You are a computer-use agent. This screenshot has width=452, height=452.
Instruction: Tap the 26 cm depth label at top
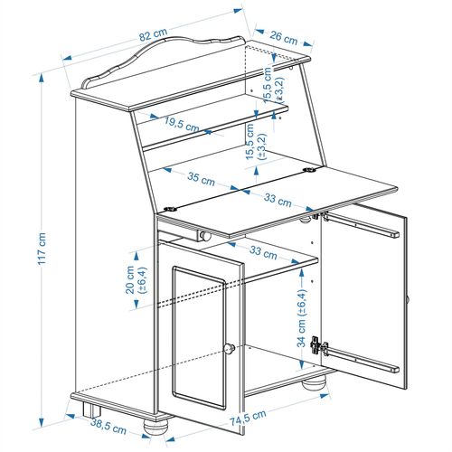coord(285,39)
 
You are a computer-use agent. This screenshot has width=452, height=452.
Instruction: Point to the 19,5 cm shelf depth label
coord(183,124)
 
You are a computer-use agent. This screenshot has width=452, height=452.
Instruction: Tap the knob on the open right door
coord(409,298)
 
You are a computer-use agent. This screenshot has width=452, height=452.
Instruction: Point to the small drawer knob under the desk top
coord(205,235)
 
